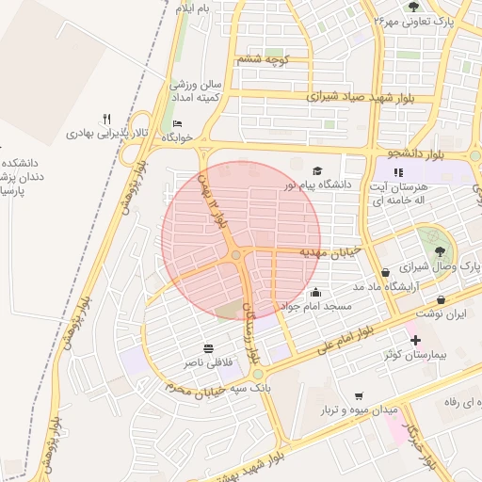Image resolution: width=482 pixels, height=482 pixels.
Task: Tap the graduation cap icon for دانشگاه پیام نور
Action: coord(317,170)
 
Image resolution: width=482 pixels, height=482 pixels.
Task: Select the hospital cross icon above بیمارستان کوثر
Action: coord(415,338)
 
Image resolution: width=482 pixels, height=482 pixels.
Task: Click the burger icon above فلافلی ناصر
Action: coord(207,346)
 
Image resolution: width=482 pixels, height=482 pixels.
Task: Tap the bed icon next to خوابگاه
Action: coord(178,124)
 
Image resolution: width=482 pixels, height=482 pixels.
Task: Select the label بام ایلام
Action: coord(193,8)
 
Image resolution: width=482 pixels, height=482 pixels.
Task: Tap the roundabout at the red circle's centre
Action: coord(236,255)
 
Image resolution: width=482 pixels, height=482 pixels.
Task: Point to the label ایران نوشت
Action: coord(442,313)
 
